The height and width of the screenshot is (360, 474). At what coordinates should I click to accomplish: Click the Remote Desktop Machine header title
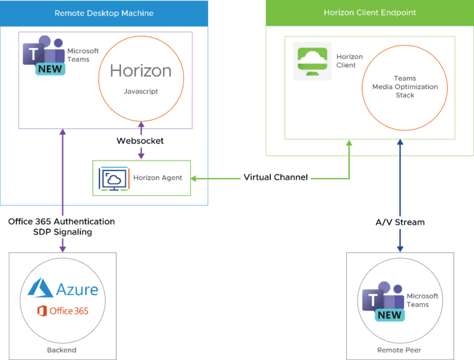point(104,14)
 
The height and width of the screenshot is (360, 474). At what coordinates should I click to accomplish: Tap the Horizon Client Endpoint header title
point(370,13)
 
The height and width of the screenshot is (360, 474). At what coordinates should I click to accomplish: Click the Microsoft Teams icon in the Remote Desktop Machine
point(44,56)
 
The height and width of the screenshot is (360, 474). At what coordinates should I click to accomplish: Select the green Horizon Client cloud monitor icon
point(312,61)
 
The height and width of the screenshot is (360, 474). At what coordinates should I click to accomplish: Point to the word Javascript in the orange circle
point(141,91)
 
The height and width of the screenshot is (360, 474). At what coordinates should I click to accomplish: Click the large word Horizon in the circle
point(141,71)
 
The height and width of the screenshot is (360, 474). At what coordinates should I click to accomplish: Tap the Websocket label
point(140,141)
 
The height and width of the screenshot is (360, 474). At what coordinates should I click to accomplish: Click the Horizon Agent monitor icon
point(114,179)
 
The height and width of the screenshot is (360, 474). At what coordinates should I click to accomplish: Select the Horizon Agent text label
point(157,178)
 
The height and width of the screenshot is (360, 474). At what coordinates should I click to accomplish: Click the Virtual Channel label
point(276,177)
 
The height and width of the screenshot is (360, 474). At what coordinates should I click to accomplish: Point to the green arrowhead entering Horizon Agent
point(193,179)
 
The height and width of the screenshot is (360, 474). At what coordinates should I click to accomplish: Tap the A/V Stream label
point(400,222)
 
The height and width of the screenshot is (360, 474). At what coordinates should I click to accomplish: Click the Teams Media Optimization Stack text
point(405,87)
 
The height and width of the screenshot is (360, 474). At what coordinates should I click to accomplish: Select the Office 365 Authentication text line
point(61,222)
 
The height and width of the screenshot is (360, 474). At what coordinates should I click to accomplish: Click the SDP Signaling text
point(62,232)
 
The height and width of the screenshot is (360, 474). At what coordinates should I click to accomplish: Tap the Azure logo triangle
point(41,288)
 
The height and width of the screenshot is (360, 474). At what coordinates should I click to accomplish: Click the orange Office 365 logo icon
point(42,311)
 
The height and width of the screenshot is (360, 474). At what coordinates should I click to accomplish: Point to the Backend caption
point(62,350)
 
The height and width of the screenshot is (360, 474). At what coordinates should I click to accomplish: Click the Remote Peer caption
point(399,350)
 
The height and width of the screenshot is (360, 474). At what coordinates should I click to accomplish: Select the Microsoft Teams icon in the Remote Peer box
point(383,301)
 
